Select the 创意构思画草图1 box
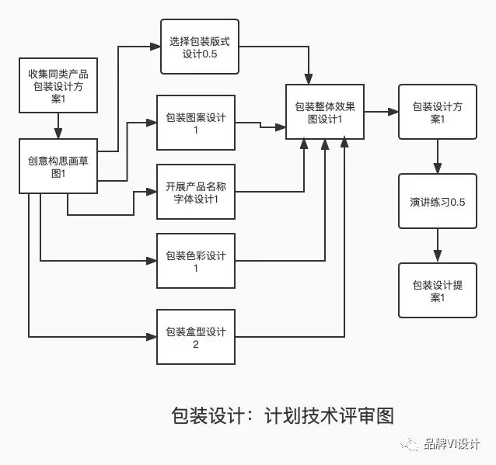[x=58, y=166]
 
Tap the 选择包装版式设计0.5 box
[x=200, y=47]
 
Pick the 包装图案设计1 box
[x=195, y=123]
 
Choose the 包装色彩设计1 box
[x=195, y=261]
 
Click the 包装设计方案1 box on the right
[x=437, y=113]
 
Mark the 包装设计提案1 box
[x=437, y=290]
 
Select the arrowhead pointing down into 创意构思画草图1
[x=58, y=134]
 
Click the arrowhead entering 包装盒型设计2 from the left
[x=152, y=337]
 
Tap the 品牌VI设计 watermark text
[x=452, y=445]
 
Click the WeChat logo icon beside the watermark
[x=410, y=445]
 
